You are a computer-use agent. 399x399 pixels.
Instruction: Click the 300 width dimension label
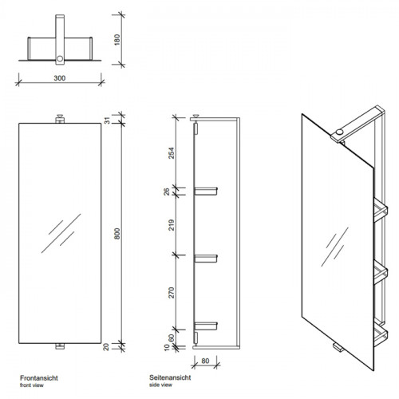60,78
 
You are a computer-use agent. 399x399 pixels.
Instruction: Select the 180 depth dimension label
117,40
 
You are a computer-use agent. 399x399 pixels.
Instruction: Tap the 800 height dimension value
117,234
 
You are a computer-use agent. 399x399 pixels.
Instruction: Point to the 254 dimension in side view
172,153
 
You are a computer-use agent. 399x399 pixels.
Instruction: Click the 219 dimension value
172,225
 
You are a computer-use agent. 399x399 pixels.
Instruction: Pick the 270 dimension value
172,293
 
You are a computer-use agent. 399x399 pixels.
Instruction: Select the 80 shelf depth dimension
205,361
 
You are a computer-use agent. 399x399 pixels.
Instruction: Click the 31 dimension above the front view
107,120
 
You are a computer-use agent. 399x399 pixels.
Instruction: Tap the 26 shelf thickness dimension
167,192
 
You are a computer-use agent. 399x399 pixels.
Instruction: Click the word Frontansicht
39,378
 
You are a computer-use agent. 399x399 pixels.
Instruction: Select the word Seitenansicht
170,377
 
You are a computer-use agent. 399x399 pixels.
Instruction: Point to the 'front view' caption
31,385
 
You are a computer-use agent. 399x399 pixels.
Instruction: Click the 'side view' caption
160,385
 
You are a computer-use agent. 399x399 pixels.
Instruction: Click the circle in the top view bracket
60,58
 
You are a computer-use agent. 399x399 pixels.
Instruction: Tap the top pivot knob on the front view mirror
60,119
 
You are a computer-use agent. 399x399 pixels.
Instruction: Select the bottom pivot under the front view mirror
60,346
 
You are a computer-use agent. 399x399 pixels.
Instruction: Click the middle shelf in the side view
206,259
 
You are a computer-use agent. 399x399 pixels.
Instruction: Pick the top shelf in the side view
206,191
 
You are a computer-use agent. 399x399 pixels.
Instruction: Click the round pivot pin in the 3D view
339,132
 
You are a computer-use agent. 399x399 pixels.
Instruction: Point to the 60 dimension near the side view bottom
172,338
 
